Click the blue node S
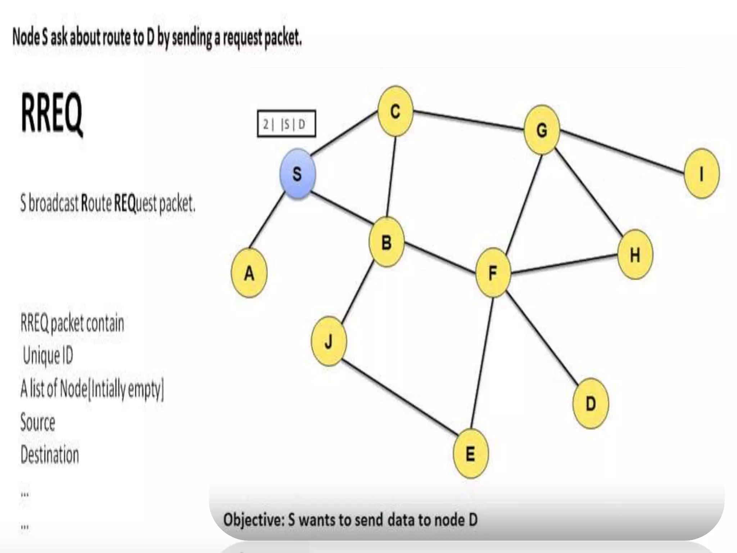[x=298, y=174]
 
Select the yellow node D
[x=591, y=403]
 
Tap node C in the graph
[x=395, y=111]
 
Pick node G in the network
[x=542, y=130]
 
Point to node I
[x=701, y=174]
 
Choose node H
[x=635, y=255]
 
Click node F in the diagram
[x=493, y=273]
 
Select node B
[x=386, y=242]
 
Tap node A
[x=249, y=273]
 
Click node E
[x=471, y=453]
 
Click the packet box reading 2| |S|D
[x=286, y=124]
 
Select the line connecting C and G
[x=468, y=120]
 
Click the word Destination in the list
[x=50, y=454]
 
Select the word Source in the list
[x=38, y=422]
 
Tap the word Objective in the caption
[x=254, y=520]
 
